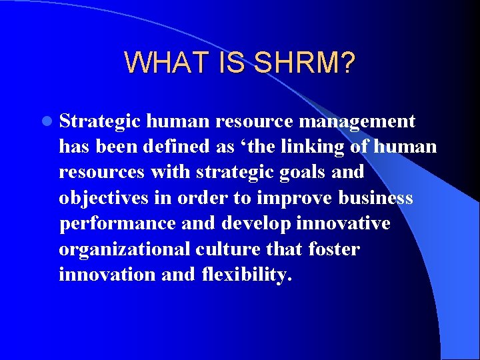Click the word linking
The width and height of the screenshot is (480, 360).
coord(318,146)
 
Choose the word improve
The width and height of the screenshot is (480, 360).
coord(297,198)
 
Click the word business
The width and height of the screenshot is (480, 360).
coord(376,198)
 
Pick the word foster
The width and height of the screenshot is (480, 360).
coord(334,249)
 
